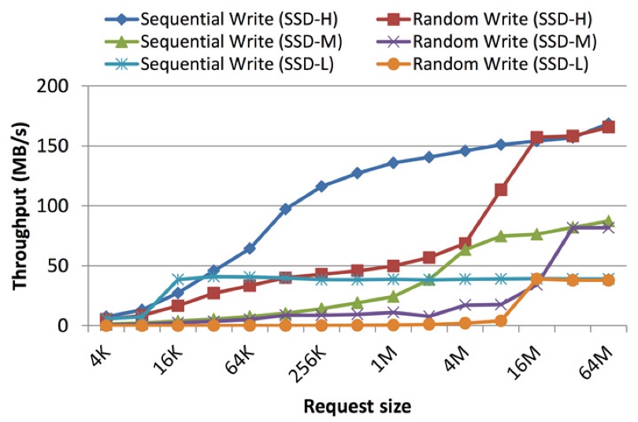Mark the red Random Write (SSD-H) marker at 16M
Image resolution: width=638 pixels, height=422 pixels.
[536, 139]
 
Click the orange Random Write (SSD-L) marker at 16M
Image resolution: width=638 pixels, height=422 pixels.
[536, 279]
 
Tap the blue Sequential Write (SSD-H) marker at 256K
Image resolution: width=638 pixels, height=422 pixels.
[321, 187]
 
